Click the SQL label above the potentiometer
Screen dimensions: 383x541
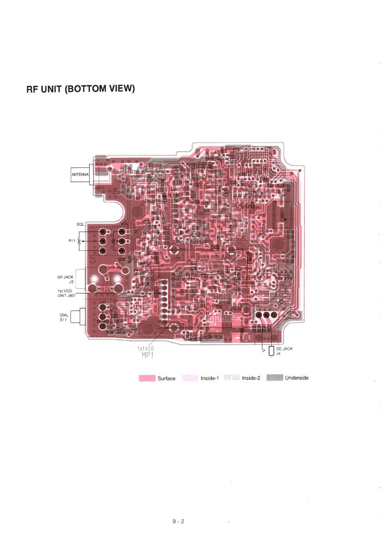[80, 224]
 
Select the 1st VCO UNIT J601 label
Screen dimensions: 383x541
[65, 293]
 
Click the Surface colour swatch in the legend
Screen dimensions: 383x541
[147, 378]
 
